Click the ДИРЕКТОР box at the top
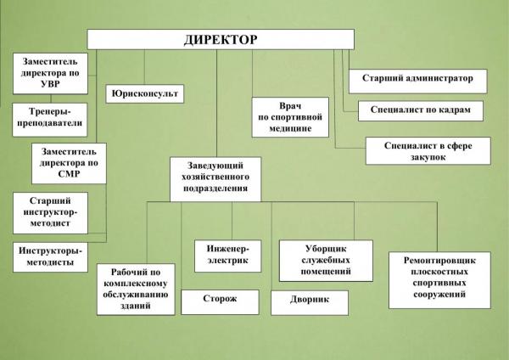tap(221, 39)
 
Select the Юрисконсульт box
tap(145, 94)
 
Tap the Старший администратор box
tap(417, 81)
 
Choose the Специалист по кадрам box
tap(421, 110)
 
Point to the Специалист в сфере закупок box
tap(428, 151)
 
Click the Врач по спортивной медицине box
tap(290, 117)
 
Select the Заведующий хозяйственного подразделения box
tap(215, 179)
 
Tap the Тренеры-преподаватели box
tap(50, 120)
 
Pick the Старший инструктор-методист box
tap(50, 213)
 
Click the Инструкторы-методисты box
tap(50, 257)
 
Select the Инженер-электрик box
tap(228, 256)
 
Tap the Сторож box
tap(220, 302)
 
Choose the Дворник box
tap(310, 303)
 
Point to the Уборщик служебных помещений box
tap(326, 261)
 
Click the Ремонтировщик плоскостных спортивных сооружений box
tap(439, 280)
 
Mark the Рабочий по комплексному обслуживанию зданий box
tap(136, 290)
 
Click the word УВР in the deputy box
tap(50, 84)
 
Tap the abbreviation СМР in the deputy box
tap(69, 174)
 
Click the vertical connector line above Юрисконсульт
tap(144, 67)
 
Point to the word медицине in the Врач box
tap(290, 129)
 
